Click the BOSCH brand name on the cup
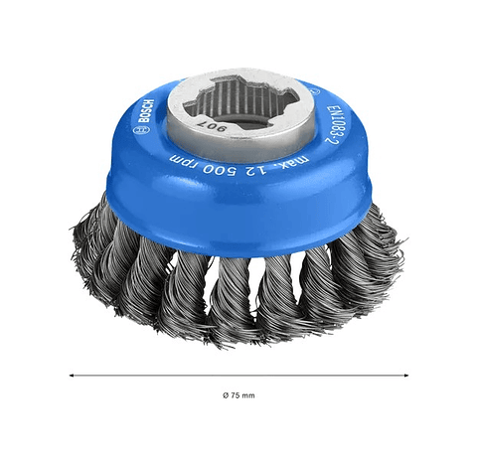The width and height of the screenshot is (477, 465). (146, 111)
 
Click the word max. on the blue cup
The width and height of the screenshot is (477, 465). (297, 162)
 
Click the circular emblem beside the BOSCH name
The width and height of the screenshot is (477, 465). (136, 131)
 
